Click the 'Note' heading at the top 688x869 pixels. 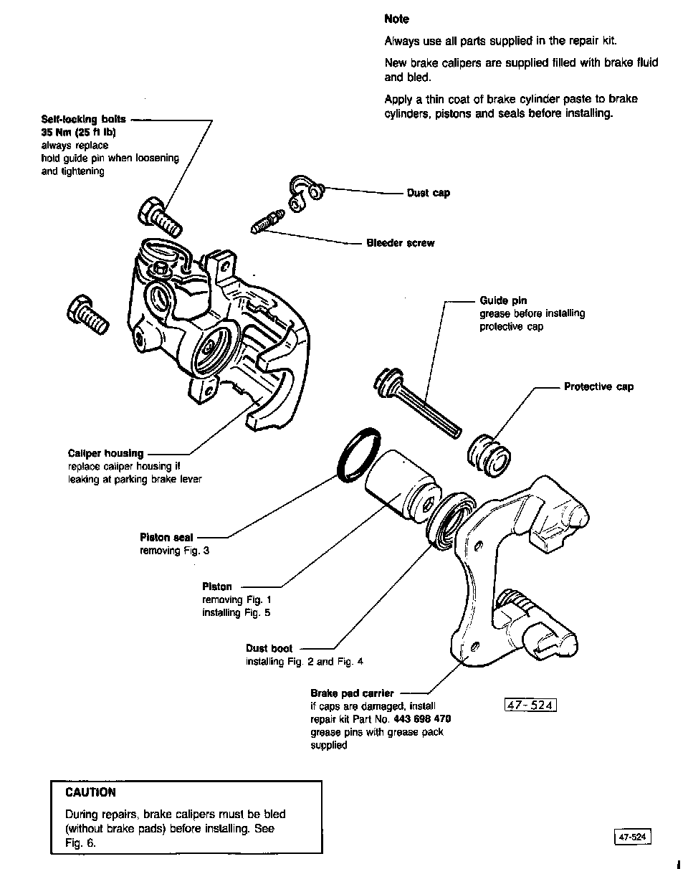point(396,19)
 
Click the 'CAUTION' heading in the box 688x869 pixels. point(90,792)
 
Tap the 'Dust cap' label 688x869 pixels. point(429,193)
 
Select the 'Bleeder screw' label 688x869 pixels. point(401,243)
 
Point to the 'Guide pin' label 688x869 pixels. point(503,300)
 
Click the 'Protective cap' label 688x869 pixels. point(598,386)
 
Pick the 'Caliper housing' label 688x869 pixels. point(105,453)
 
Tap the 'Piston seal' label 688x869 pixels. point(166,537)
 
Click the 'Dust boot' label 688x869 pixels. point(269,648)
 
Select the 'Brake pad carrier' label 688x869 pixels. point(352,693)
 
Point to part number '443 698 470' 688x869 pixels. point(422,718)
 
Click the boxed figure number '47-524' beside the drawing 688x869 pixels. point(530,706)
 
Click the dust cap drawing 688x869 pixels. point(305,191)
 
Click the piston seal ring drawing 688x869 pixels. point(356,453)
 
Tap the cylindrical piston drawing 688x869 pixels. point(401,484)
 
